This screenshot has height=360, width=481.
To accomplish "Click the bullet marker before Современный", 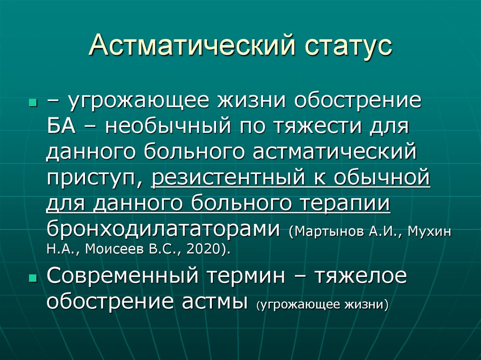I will tap(32, 277).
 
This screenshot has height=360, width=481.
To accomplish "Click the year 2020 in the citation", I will tap(203, 249).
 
